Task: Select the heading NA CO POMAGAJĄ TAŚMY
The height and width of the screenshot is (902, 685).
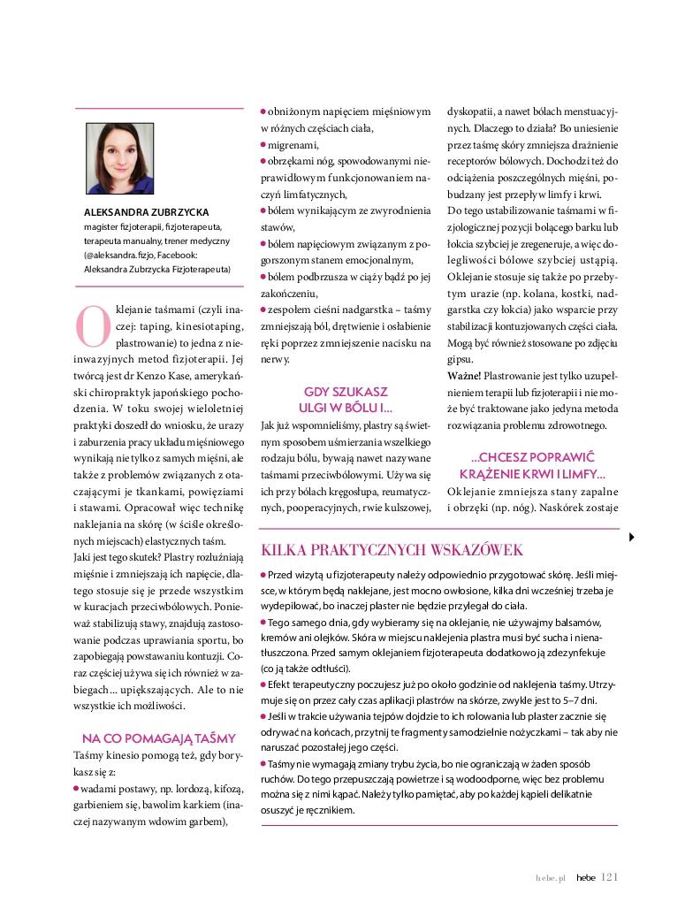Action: pos(158,738)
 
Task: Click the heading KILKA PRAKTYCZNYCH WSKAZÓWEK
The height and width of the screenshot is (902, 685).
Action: pos(392,550)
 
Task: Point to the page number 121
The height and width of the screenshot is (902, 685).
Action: pos(609,877)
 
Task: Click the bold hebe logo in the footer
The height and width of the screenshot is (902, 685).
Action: pos(585,878)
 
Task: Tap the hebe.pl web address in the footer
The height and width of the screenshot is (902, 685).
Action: pos(550,878)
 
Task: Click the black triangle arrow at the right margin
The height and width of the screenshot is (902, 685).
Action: pos(631,537)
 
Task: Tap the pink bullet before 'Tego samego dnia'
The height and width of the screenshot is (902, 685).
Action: pos(263,623)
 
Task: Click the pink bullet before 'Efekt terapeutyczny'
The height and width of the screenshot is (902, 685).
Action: pos(263,684)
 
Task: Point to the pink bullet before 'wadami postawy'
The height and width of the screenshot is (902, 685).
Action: pos(76,786)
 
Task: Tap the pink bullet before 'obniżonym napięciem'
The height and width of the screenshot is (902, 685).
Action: pos(263,111)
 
